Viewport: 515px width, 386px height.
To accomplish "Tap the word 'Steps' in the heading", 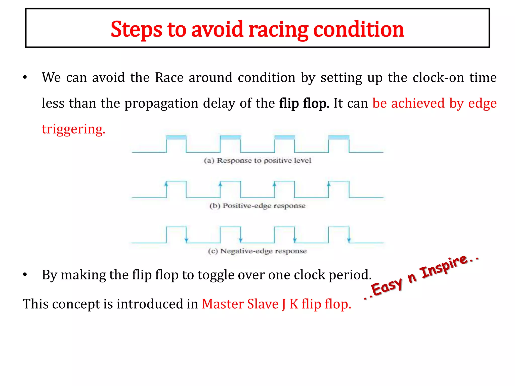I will click(x=136, y=30).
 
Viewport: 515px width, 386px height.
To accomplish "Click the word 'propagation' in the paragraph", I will click(x=161, y=103).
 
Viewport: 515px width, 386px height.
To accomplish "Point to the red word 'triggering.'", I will click(x=73, y=129).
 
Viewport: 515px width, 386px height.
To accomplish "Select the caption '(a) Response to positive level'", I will click(x=257, y=161).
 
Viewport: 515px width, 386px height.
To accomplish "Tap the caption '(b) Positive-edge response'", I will click(x=257, y=206).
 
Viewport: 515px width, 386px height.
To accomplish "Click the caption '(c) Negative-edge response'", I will click(x=257, y=251).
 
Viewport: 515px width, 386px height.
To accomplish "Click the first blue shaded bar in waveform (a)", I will click(x=176, y=137).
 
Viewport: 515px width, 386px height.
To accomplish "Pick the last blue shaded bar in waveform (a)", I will click(x=339, y=137).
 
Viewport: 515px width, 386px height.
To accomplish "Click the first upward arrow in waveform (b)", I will click(x=166, y=184).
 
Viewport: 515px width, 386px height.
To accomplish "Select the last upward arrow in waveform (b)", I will click(x=329, y=184).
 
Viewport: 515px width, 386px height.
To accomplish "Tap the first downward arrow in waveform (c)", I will click(x=186, y=240).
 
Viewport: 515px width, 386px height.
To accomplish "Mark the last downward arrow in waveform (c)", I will click(x=349, y=240).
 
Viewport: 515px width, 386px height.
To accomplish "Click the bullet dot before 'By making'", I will click(x=25, y=275).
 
